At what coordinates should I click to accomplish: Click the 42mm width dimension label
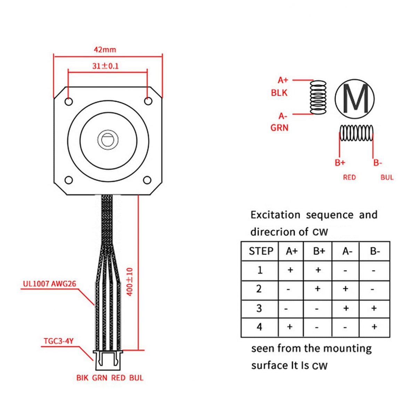[105, 49]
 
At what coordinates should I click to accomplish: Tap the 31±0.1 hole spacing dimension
[105, 66]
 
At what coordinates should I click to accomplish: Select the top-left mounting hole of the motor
[69, 101]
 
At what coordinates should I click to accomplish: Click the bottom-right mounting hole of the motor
[147, 180]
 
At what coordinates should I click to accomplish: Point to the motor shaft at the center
[108, 140]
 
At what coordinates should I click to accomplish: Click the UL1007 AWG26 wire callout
[49, 284]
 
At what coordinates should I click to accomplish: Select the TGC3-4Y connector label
[59, 341]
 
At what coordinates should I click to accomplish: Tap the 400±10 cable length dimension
[130, 281]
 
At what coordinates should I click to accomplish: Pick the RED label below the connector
[118, 378]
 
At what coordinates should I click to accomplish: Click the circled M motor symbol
[355, 98]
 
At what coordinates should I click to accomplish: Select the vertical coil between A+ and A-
[318, 97]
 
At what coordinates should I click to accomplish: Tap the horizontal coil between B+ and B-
[356, 133]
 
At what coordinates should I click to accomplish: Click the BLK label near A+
[279, 93]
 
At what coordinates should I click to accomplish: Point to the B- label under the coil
[378, 163]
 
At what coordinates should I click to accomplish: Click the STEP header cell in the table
[261, 251]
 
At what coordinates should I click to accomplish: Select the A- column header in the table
[346, 251]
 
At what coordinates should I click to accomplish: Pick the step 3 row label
[259, 308]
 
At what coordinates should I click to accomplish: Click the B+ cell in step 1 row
[318, 270]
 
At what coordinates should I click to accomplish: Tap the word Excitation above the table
[275, 215]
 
